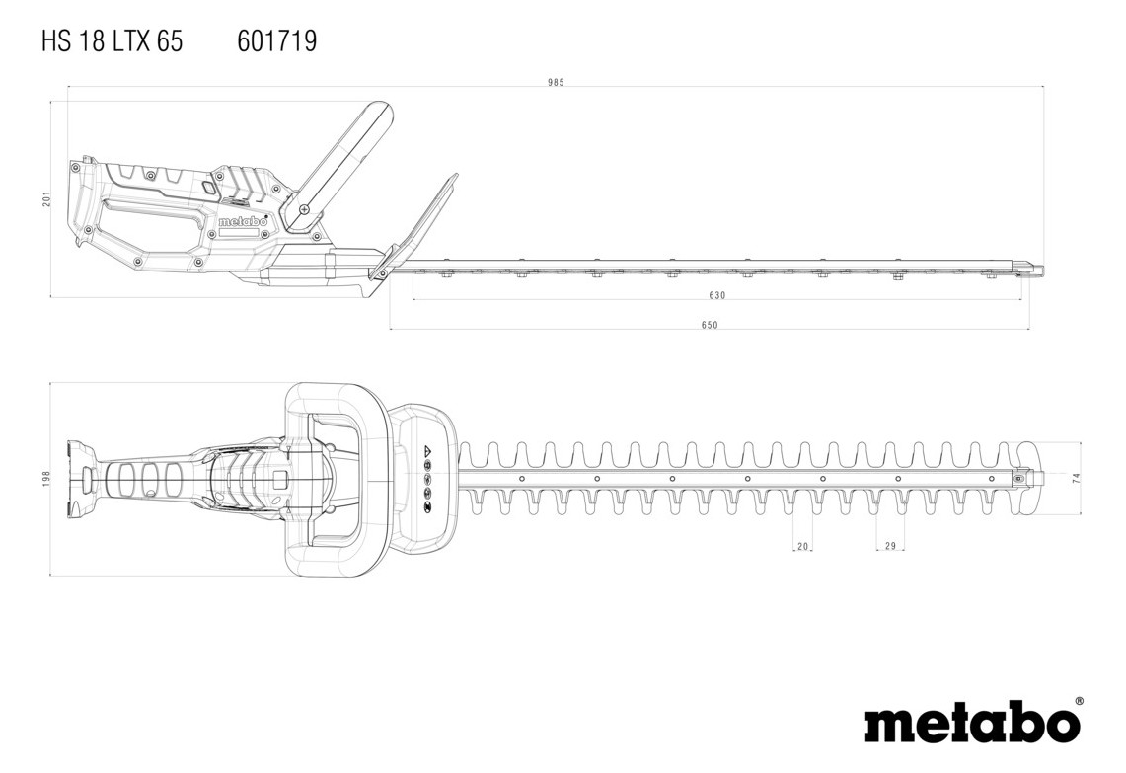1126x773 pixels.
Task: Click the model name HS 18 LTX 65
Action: coord(113,41)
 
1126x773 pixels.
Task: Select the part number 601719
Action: coord(276,41)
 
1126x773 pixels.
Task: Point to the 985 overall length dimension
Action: coord(556,83)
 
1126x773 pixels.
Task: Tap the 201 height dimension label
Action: coord(46,199)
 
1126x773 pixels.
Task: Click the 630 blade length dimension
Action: coord(716,295)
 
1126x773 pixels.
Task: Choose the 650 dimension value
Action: coord(710,326)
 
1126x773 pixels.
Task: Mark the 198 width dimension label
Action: coord(46,479)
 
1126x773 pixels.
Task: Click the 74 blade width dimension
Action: coord(1077,478)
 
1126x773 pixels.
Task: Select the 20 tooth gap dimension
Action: coord(803,547)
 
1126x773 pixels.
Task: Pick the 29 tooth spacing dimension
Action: coord(890,547)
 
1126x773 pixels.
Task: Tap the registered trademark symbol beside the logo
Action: coord(1080,701)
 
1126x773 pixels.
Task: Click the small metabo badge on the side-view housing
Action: coord(243,222)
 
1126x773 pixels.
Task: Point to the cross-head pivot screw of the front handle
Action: coord(304,209)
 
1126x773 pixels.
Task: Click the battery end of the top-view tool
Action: coord(81,478)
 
